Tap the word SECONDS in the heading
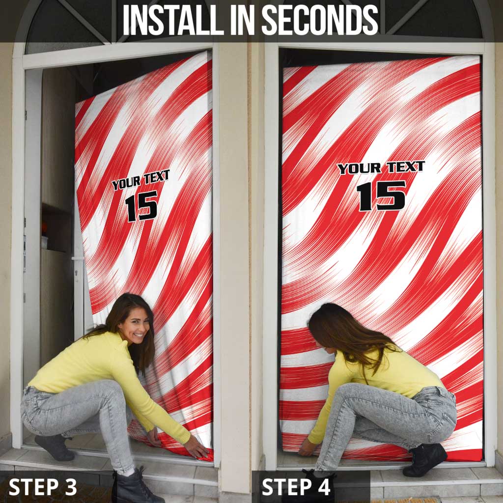(x=320, y=21)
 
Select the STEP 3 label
(x=43, y=486)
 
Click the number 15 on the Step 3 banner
(x=141, y=205)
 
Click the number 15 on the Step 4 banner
(x=381, y=196)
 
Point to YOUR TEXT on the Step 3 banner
(x=140, y=180)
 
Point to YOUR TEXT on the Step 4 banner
(x=381, y=168)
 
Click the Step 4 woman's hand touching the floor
(x=307, y=447)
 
